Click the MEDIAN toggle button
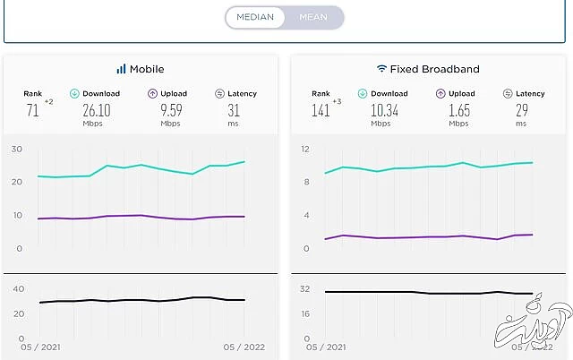point(255,17)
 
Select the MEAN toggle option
point(313,17)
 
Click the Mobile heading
point(147,69)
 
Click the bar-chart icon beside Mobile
point(121,69)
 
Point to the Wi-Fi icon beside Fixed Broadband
point(381,69)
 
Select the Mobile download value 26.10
point(96,110)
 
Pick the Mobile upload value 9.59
point(171,110)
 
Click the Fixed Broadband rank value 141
point(320,110)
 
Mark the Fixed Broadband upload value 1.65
point(458,110)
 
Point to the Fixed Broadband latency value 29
point(523,110)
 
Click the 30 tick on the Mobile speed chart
point(17,149)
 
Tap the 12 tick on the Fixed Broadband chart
point(304,149)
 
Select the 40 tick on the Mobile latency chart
point(18,288)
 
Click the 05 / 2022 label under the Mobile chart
point(245,346)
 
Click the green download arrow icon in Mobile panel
point(75,93)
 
